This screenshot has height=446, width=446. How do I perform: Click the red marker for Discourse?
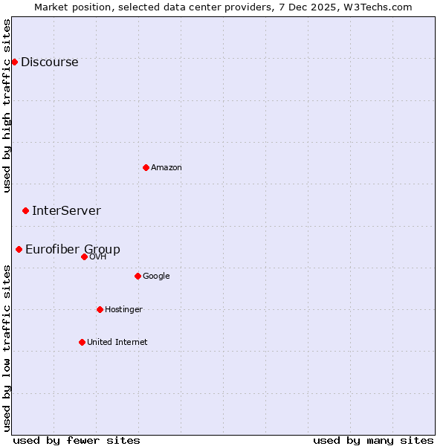14,62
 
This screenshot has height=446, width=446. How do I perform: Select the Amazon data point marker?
146,167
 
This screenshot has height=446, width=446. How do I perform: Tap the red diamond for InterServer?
25,211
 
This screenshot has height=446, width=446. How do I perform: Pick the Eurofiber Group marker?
19,249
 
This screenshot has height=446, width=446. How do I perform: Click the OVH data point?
84,256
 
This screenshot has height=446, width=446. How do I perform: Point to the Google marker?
138,276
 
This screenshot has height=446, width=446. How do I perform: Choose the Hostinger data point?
100,309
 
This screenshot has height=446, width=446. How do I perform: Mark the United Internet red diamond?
82,342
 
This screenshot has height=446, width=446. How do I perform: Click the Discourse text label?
49,62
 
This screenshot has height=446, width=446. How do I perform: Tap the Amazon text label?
167,168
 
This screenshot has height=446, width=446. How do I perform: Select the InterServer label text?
66,211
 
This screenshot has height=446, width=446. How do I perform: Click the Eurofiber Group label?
73,250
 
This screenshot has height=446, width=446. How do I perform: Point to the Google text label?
156,277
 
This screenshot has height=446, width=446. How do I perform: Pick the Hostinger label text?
123,310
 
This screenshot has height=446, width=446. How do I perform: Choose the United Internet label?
117,343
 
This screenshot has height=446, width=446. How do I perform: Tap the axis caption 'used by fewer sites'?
77,440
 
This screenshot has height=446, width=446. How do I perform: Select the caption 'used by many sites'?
373,440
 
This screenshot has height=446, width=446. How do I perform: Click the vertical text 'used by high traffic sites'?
7,106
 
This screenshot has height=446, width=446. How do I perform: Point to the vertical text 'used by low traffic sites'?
7,347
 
